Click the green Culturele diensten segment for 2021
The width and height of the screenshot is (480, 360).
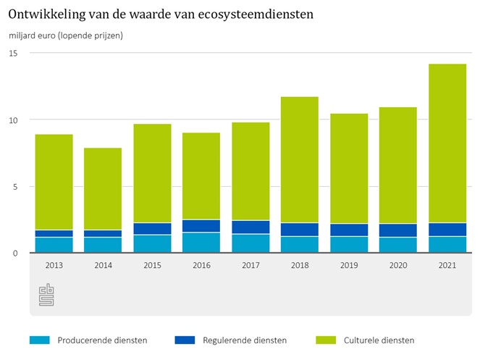(x=447, y=143)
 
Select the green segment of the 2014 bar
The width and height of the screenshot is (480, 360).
(x=103, y=189)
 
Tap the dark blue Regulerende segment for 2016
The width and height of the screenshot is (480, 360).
(x=201, y=226)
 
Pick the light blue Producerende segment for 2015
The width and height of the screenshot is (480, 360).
(x=152, y=243)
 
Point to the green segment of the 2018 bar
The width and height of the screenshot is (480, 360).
(x=300, y=159)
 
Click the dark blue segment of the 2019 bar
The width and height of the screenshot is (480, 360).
(x=349, y=230)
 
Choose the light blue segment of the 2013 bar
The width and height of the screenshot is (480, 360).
(x=54, y=245)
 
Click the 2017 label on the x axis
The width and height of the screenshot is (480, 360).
(x=250, y=265)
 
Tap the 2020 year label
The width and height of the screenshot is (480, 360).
(x=398, y=265)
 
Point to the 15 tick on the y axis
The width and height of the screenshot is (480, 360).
(x=14, y=54)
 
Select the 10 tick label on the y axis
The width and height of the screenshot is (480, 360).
(x=14, y=120)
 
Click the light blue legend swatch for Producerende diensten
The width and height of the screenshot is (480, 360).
(x=40, y=340)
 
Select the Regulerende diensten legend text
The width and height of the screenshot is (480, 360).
(x=245, y=340)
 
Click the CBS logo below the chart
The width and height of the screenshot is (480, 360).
(x=46, y=296)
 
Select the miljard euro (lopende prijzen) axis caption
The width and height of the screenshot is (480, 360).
(x=66, y=35)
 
